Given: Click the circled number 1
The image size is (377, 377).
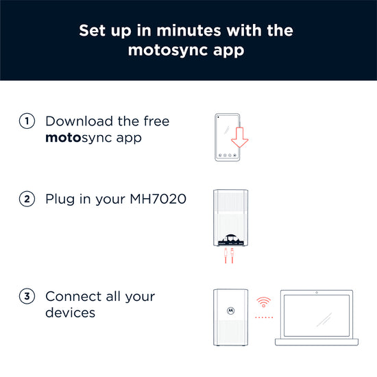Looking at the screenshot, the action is coord(27,121).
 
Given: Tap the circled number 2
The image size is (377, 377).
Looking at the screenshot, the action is coord(27,199).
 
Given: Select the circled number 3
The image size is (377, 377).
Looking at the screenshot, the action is coord(27,296).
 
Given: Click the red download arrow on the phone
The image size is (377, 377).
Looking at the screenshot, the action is coord(239,137).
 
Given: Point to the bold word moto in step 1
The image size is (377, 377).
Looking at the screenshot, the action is coord(63,138).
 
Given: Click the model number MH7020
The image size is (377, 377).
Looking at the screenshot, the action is coord(158,199).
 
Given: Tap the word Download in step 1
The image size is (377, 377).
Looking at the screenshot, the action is coord(79,121).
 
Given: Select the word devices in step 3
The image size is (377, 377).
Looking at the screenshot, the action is coord(70,313).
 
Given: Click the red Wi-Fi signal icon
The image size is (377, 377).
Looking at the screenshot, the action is coord(263,302).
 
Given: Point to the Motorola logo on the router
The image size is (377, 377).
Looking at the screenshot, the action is coord(231,311).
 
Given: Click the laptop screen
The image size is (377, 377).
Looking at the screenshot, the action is coord(317,315).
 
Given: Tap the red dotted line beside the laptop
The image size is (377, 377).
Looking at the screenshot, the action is coord(264,317).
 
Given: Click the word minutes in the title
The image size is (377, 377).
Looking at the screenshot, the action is coord(188,31).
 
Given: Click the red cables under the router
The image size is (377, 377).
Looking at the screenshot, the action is coord(229,256).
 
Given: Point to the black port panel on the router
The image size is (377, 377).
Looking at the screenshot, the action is coord(231,240).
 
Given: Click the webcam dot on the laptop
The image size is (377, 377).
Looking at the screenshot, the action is coord(317,293).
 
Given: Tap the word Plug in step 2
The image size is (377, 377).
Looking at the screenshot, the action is coord(60,199).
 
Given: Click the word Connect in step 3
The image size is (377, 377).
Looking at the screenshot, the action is coord(73,296).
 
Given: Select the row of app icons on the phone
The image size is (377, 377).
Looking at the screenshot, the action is coord(227,156).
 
